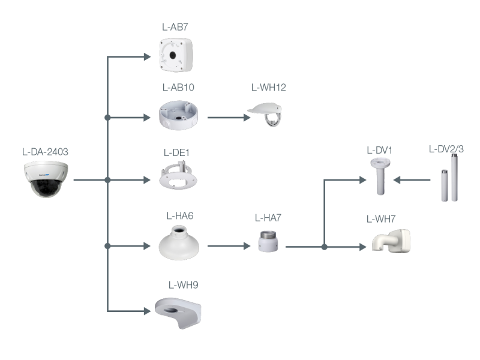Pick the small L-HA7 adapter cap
pos(265,241)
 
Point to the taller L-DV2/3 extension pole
pos(454,178)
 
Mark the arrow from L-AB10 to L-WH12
pos(229,117)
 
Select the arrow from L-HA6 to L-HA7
pos(229,245)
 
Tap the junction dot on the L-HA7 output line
pos(324,247)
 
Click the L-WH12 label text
pos(268,88)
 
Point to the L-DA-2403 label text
pos(44,151)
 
